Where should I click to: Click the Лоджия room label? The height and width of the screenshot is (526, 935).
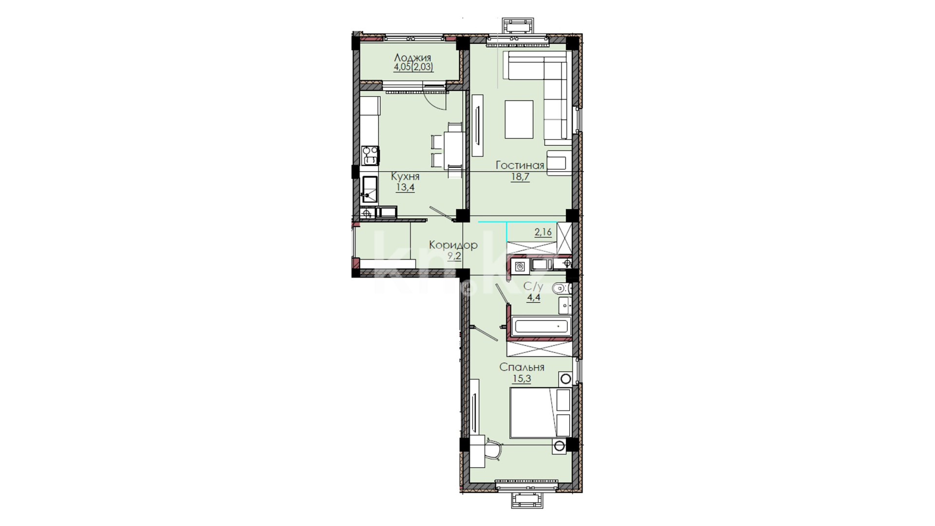coord(412,58)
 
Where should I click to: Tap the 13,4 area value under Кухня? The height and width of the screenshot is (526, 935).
coord(405,188)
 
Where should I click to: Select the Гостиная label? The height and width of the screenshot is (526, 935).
coord(520,165)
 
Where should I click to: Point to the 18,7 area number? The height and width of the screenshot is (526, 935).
coord(520,176)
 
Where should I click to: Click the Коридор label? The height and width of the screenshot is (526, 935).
coord(453,245)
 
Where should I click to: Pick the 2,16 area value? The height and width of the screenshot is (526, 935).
coord(543,232)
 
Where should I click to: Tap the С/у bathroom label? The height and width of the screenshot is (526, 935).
coord(533,286)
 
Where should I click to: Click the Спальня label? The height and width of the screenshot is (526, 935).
coord(522,367)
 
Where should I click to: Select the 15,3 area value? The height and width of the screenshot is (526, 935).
coord(522,379)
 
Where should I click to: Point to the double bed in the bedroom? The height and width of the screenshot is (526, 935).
coord(541,412)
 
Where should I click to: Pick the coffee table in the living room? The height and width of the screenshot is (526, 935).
coord(519,119)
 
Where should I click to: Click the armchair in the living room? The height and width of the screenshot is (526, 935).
coord(559,162)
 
